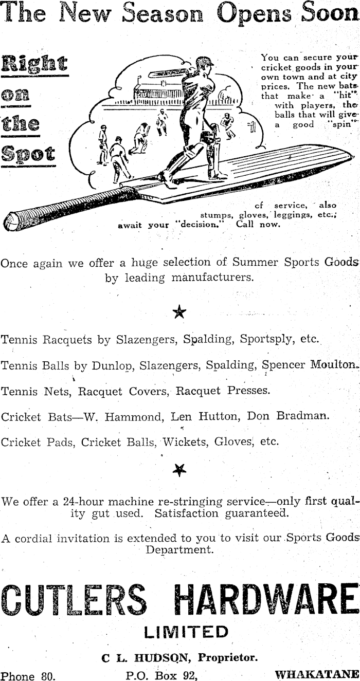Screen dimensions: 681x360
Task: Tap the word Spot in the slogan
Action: pyautogui.click(x=28, y=154)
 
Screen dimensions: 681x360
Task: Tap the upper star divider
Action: pyautogui.click(x=179, y=312)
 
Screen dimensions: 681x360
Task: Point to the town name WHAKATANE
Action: pyautogui.click(x=316, y=674)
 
